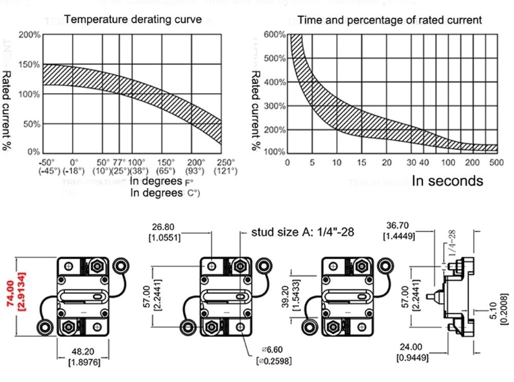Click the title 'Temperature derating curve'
click(x=133, y=20)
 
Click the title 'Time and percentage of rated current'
click(x=390, y=20)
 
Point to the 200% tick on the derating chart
click(x=29, y=34)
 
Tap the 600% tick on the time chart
click(x=275, y=34)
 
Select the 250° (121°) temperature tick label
click(x=226, y=167)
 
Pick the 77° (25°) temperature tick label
click(x=119, y=167)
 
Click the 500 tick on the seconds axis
click(x=496, y=163)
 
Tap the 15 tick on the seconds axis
click(x=362, y=163)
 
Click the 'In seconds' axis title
click(x=447, y=181)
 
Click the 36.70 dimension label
click(x=399, y=231)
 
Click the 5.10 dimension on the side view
click(x=503, y=312)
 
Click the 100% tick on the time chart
click(x=275, y=152)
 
